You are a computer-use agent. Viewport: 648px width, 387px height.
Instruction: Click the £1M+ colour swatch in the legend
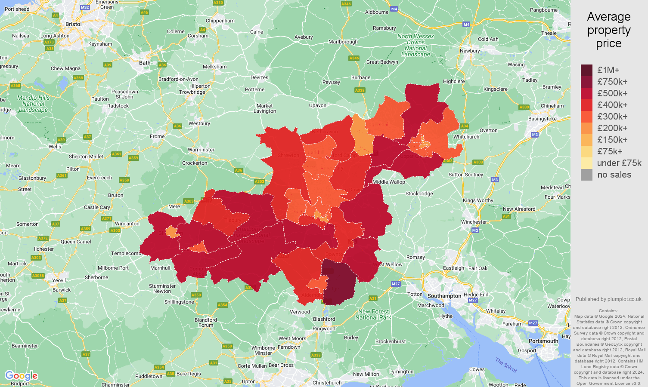coord(586,70)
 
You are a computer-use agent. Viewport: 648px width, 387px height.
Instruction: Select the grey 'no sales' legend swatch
coord(586,175)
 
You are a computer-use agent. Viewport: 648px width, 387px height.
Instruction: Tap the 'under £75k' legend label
coord(619,163)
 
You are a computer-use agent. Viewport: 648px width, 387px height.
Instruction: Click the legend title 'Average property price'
coord(608,30)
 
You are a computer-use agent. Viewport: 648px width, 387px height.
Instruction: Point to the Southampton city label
coord(444,296)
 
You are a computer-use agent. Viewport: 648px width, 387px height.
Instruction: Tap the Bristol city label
coord(73,24)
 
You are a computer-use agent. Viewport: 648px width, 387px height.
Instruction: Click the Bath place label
coord(145,63)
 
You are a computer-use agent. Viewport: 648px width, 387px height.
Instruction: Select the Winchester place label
coord(474,222)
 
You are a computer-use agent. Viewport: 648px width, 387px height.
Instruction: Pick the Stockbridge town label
coord(419,193)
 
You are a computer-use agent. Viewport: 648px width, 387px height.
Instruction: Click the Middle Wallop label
coord(388,182)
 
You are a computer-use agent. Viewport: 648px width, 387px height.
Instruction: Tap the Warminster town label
coord(201,150)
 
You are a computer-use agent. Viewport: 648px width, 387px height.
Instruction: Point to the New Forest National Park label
coord(373,314)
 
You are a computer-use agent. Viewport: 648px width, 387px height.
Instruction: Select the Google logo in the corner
coord(21,376)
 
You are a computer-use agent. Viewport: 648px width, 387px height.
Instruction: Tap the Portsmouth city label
coord(543,341)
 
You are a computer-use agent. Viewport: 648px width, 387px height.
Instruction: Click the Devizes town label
coord(259,78)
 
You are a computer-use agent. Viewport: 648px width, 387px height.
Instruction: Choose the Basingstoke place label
coord(542,119)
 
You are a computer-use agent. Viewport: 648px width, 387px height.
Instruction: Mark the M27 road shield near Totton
coord(396,284)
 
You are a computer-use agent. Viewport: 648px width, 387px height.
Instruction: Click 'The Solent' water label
coord(505,365)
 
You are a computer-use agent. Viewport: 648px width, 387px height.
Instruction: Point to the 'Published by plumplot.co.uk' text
coord(608,299)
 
